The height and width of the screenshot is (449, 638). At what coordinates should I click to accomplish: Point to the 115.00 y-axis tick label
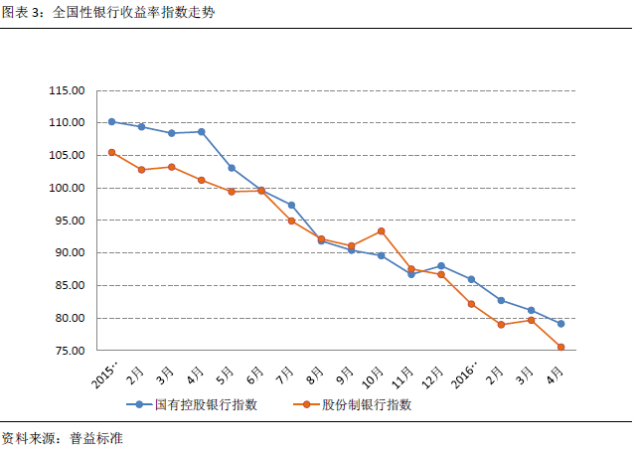click(67, 90)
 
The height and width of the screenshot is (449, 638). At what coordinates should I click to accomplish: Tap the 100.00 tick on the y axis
click(67, 188)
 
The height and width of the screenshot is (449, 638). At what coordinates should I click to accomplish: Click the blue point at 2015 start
click(111, 121)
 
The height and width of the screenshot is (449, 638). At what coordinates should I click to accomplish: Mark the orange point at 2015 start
click(111, 152)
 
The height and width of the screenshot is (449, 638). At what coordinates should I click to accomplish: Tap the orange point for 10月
click(381, 231)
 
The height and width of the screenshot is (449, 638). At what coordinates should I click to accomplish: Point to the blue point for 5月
click(232, 168)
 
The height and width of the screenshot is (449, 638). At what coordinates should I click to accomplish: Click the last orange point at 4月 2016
click(560, 347)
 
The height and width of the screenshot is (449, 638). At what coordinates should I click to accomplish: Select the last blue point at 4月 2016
click(560, 324)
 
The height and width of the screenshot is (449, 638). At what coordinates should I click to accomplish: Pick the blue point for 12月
click(440, 266)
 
